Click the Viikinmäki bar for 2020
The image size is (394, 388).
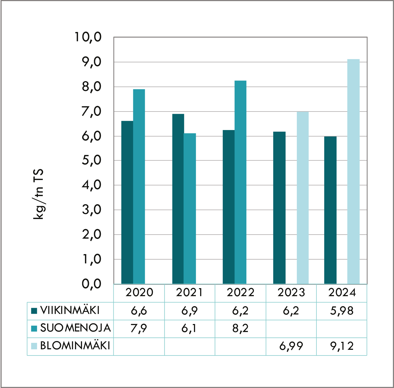pos(127,203)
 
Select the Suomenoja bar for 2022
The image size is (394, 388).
pos(240,182)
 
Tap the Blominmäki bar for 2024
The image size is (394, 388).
pos(353,172)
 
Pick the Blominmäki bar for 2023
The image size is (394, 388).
pos(303,198)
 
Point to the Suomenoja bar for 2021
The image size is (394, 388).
pos(190,208)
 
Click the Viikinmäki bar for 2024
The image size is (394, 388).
pos(330,210)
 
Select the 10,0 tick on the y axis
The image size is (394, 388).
pos(88,37)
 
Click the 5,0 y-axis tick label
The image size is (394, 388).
pos(91,160)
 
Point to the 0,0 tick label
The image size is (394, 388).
pos(91,284)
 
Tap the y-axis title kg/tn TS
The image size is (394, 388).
pos(38,194)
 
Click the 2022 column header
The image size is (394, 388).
pos(240,293)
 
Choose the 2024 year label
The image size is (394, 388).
pos(342,293)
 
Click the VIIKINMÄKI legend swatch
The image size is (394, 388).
pos(34,311)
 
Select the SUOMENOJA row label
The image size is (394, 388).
pos(75,328)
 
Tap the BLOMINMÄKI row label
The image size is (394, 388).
pos(75,346)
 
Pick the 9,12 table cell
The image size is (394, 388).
pos(342,346)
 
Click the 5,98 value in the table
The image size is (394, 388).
pos(342,311)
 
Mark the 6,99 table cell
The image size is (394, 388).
pos(291,346)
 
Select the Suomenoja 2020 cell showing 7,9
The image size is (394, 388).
pos(139,328)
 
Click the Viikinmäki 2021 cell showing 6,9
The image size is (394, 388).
pos(190,311)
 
